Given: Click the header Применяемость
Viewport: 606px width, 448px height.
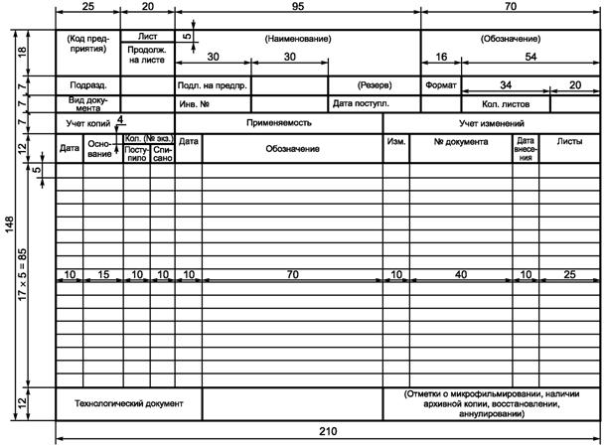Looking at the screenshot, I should tap(279, 123).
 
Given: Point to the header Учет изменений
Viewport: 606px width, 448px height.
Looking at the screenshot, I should tap(492, 123).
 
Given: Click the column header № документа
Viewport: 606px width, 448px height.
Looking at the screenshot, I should tap(461, 142).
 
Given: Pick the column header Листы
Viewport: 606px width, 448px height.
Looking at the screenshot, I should tap(569, 142).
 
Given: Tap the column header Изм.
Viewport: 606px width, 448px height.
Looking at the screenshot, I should tap(395, 142).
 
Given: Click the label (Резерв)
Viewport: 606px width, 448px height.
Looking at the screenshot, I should tap(376, 85).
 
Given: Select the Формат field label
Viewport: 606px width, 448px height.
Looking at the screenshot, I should tap(440, 85).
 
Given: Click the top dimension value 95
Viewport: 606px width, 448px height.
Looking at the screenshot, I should tap(298, 8).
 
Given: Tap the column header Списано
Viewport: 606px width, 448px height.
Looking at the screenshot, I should tap(162, 155).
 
